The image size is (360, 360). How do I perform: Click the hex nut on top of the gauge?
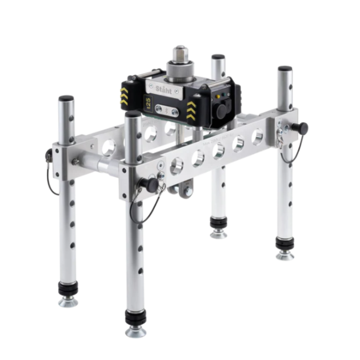(179, 54)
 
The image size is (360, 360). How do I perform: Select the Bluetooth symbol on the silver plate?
(166, 110)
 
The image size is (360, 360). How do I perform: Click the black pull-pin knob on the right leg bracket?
(300, 129)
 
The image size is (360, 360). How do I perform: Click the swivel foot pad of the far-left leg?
(68, 301)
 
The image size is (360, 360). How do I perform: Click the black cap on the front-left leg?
(133, 114)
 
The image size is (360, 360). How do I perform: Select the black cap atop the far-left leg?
(66, 98)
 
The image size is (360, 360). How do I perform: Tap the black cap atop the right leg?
(285, 68)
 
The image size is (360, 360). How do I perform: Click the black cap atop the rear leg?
(218, 57)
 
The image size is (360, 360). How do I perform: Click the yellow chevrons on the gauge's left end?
(124, 96)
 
